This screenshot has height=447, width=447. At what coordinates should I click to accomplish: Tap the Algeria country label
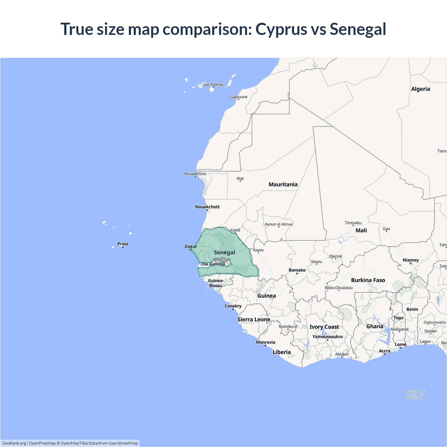pos(420,89)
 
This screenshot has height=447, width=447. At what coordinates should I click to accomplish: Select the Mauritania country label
pos(283,184)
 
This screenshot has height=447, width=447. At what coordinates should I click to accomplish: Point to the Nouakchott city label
pos(207,207)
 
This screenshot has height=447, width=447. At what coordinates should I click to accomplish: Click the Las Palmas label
pos(213,85)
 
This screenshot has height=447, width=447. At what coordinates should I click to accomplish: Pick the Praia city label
pos(123,244)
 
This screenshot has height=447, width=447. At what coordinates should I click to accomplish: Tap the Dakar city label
pos(191,247)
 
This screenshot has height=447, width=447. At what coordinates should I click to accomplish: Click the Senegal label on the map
pos(224,252)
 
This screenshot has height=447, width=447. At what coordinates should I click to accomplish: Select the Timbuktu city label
pos(353,223)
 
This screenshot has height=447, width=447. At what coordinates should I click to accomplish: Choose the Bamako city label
pos(297,270)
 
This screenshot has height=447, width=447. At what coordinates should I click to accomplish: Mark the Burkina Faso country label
pos(368,280)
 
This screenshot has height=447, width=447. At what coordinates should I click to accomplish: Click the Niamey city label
pos(411,260)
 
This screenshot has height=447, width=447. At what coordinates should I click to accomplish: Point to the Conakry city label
pos(233,306)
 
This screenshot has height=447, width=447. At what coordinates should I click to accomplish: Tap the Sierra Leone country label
pos(254,320)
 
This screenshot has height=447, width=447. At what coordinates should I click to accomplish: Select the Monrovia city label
pos(265,342)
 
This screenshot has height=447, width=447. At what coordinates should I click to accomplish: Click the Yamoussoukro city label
pos(328,337)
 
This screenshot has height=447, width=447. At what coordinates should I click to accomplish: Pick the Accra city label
pos(384,351)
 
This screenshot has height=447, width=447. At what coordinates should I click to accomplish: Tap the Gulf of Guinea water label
pos(415,394)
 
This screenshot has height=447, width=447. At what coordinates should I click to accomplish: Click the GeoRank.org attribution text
pos(14,443)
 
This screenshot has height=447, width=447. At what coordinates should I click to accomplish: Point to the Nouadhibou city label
pos(195,174)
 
